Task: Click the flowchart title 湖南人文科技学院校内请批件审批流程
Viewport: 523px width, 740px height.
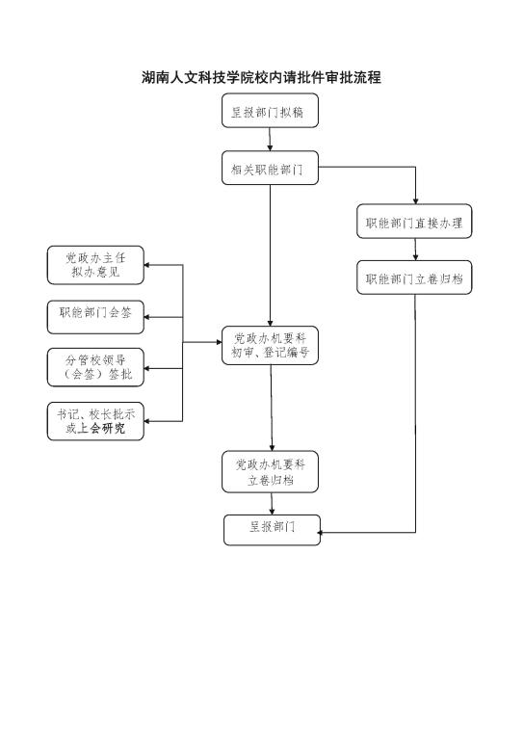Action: [x=261, y=77]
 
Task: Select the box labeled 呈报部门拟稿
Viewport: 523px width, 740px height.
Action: [x=271, y=111]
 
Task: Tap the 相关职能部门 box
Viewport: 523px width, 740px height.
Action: [x=271, y=168]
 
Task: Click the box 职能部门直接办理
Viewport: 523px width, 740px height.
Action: [x=414, y=222]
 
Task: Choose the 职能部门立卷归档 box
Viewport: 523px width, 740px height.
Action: [x=414, y=277]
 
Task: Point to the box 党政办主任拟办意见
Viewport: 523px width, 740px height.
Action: [x=95, y=265]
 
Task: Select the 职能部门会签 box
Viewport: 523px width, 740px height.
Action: [x=95, y=317]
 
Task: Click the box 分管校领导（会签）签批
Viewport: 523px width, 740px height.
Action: [x=95, y=368]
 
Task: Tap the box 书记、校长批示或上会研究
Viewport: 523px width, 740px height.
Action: [x=95, y=421]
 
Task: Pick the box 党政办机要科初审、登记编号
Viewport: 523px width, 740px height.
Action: [x=271, y=346]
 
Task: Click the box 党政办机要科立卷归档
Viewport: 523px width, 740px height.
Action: [x=271, y=472]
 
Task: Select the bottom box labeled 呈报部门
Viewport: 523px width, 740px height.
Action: [x=273, y=530]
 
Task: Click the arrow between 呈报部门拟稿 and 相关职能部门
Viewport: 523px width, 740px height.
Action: [x=271, y=139]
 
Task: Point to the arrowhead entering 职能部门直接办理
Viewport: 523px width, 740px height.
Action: [x=415, y=201]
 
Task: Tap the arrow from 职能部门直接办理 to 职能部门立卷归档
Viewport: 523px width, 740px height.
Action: [x=415, y=250]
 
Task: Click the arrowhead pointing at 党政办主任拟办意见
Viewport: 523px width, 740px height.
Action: [x=146, y=265]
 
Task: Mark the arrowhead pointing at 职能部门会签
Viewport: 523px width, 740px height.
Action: [x=146, y=317]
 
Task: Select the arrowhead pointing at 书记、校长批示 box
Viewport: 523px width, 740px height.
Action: [x=146, y=421]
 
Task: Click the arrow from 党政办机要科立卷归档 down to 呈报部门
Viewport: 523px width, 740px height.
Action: [x=273, y=504]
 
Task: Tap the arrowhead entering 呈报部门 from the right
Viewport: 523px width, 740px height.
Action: [x=321, y=533]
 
